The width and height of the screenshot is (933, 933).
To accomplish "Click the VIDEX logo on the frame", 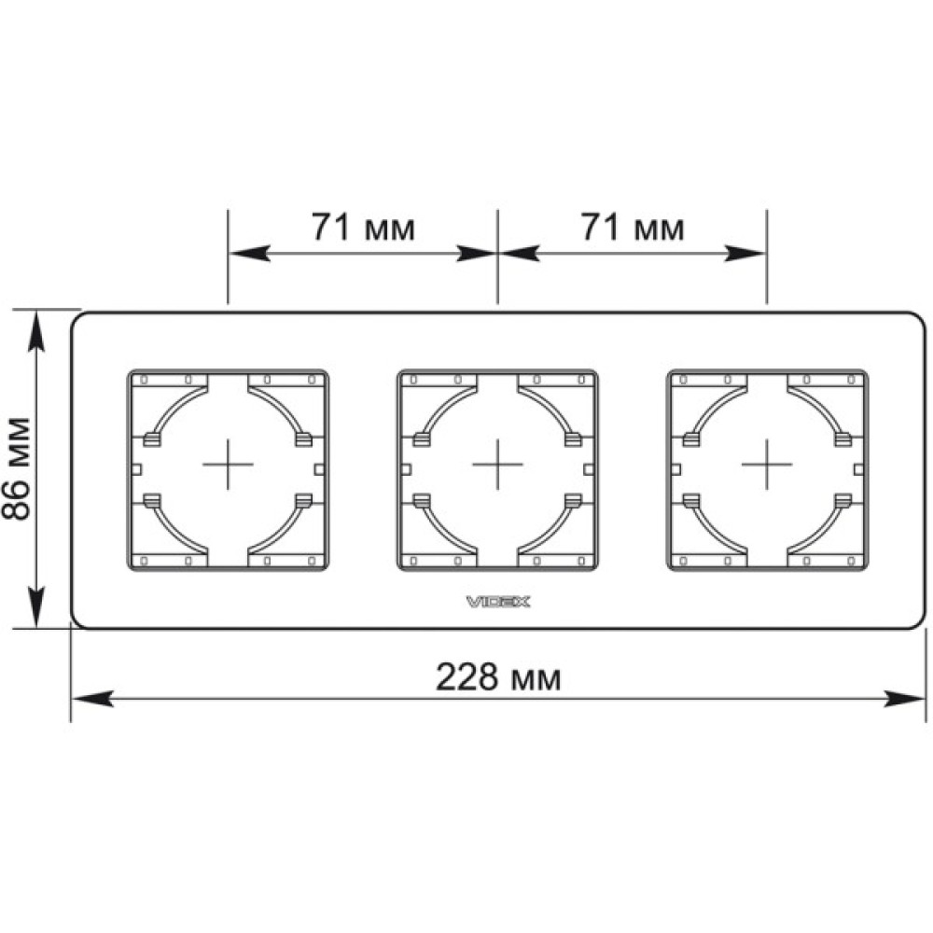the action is click(x=498, y=602).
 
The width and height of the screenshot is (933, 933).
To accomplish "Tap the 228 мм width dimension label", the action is click(x=498, y=677).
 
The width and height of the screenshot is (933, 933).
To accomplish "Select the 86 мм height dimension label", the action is click(x=16, y=469).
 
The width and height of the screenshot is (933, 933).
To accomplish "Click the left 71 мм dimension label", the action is click(x=363, y=227).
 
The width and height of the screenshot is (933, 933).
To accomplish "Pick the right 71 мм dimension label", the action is click(x=633, y=227).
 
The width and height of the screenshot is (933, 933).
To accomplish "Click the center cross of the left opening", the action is click(x=228, y=464).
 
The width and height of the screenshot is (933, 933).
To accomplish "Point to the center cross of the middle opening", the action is click(x=497, y=464).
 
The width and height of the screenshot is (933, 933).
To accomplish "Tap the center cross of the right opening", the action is click(x=767, y=464).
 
